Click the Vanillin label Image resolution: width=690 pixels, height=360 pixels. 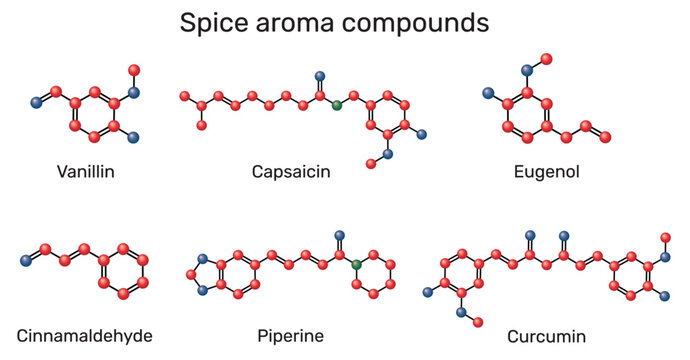85,172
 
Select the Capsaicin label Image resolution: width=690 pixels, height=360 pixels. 291,172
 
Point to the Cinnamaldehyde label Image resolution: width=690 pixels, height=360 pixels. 85,335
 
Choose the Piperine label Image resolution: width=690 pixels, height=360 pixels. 290,335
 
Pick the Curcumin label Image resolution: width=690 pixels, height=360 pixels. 546,335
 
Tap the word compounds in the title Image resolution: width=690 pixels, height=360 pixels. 414,23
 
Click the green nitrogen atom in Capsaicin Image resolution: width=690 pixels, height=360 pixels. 337,104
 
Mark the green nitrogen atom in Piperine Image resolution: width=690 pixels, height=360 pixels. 356,264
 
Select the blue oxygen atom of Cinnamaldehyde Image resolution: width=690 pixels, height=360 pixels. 25,261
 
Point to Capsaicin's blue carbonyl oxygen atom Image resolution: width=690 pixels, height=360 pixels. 320,76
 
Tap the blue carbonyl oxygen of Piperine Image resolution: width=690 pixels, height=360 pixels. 339,236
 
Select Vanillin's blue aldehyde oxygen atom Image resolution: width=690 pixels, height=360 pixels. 37,102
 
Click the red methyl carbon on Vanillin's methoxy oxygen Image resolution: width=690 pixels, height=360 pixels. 134,69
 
